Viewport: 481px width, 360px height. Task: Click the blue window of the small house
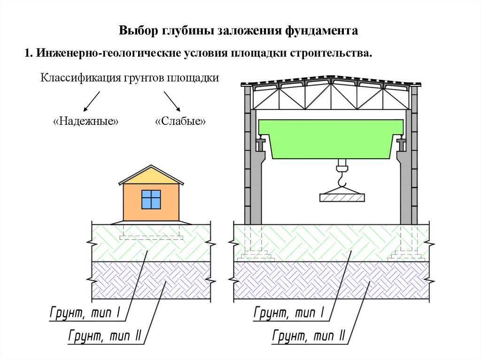tap(151, 199)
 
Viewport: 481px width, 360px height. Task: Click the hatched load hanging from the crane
tap(341, 197)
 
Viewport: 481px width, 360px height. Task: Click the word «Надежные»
tap(86, 122)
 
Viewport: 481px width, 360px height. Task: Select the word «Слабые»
tap(181, 122)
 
